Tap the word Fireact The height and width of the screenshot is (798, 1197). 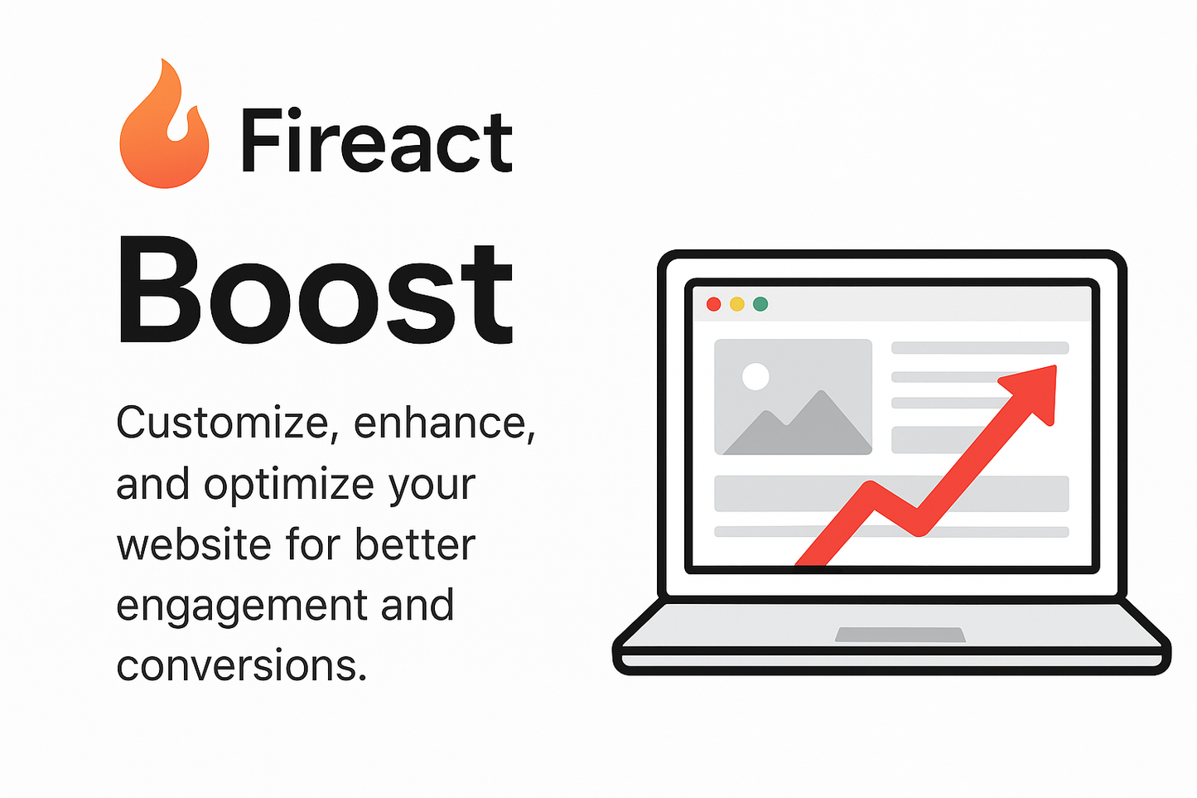click(x=376, y=142)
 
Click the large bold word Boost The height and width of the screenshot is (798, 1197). click(x=315, y=291)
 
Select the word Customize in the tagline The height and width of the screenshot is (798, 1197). click(x=223, y=423)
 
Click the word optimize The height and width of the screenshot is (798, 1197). click(x=289, y=486)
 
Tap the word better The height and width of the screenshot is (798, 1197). click(x=415, y=545)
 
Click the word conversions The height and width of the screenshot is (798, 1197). click(x=240, y=665)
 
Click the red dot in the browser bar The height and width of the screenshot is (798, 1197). click(x=713, y=304)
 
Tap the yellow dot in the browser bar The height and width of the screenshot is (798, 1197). click(x=736, y=304)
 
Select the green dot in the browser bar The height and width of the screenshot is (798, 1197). click(x=760, y=304)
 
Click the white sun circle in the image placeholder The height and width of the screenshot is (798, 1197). click(x=755, y=376)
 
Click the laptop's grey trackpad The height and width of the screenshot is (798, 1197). click(x=900, y=635)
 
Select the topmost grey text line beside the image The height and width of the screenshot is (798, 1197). click(x=980, y=348)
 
